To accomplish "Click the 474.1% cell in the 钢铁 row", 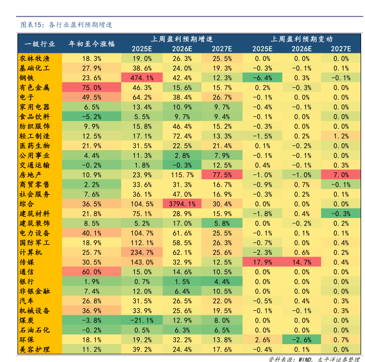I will [142, 78].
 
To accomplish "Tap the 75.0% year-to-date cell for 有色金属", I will [91, 87].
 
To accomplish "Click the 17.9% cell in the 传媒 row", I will [262, 262].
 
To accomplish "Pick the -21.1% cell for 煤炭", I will [142, 320].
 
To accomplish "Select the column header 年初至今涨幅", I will [91, 43].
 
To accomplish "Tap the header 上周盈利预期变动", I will [302, 39].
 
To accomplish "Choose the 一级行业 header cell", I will [39, 43].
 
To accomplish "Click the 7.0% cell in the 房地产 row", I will [341, 174].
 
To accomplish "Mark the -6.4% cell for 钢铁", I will [262, 78].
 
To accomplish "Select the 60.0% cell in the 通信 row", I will [91, 272].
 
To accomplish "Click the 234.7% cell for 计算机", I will [142, 252].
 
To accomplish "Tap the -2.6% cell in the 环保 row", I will [302, 339].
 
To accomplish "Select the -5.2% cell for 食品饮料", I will [91, 116].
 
